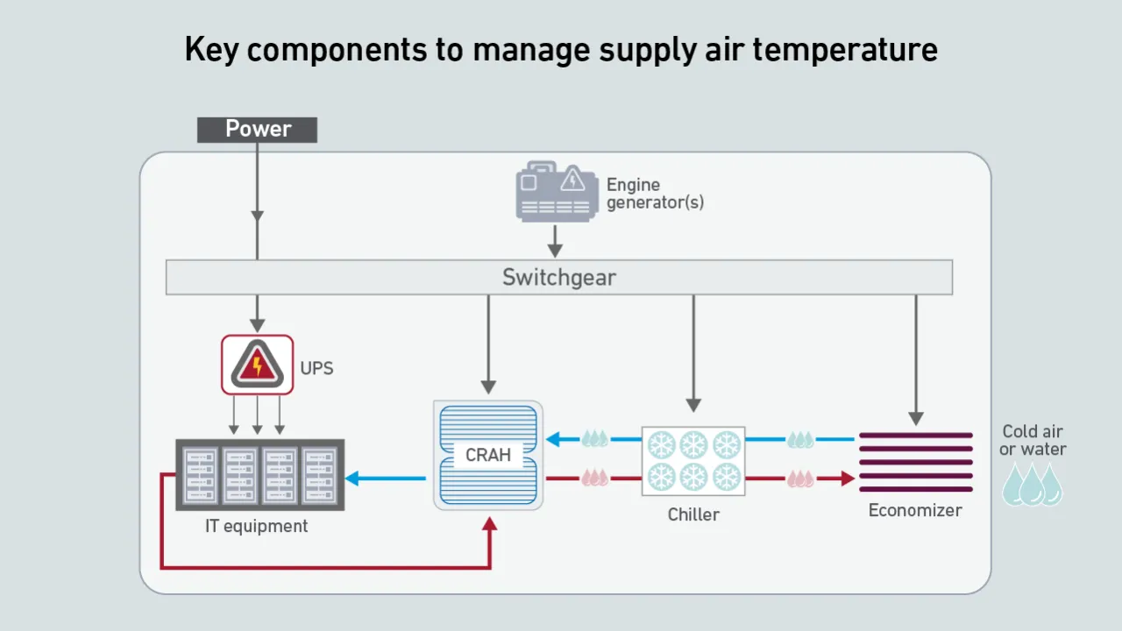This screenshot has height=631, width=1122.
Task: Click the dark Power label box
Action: click(x=257, y=130)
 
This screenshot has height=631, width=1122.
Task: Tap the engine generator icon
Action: click(x=554, y=190)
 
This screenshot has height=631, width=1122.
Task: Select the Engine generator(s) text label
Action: click(x=654, y=194)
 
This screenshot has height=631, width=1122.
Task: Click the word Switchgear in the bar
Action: click(x=559, y=278)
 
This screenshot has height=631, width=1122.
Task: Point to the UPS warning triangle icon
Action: click(x=257, y=364)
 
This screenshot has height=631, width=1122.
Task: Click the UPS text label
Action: click(x=316, y=368)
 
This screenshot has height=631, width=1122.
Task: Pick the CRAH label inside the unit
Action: click(x=488, y=456)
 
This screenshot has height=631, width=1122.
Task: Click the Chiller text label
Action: click(x=693, y=514)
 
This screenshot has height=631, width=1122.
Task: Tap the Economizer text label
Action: click(x=915, y=510)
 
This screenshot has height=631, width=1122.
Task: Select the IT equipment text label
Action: click(x=257, y=526)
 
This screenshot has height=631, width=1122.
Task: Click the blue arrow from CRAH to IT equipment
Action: click(x=386, y=479)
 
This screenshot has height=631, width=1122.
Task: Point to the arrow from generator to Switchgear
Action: click(x=554, y=238)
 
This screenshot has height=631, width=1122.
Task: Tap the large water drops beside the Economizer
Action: click(x=1032, y=485)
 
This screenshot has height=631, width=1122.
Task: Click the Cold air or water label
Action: click(x=1033, y=440)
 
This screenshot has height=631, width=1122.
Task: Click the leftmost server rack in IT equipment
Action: click(x=198, y=475)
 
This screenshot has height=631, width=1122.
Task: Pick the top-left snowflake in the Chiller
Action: click(x=661, y=445)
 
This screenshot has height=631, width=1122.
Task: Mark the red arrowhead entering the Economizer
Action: click(x=847, y=479)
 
